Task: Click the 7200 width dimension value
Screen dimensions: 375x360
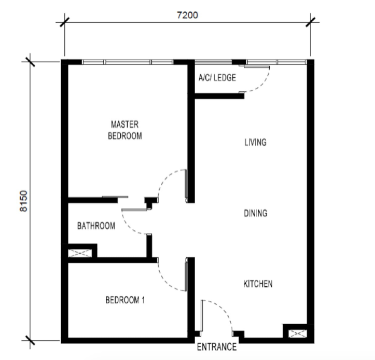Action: (187, 15)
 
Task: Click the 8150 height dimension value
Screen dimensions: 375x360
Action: (23, 201)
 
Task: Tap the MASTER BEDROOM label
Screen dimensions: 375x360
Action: (124, 130)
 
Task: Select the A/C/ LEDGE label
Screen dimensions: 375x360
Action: (217, 77)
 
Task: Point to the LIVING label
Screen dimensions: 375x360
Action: (255, 142)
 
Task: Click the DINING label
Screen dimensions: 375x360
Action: (256, 213)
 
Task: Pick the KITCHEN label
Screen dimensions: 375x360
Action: (258, 284)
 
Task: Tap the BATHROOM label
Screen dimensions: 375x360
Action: (96, 226)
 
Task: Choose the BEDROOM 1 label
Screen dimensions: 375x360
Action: (125, 300)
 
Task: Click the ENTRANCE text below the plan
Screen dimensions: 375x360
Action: (217, 347)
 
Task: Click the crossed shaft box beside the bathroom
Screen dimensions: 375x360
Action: (80, 253)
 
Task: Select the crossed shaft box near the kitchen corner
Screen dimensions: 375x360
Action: (298, 334)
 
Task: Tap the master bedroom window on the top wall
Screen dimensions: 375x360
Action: (128, 62)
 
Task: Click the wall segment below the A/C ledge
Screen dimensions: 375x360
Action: (219, 96)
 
